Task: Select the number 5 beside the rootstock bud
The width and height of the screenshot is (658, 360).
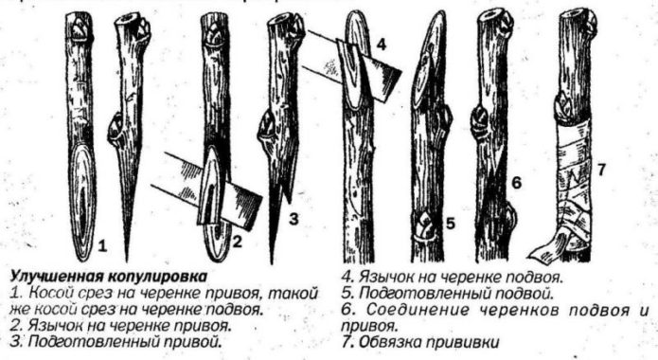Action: pyautogui.click(x=451, y=225)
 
